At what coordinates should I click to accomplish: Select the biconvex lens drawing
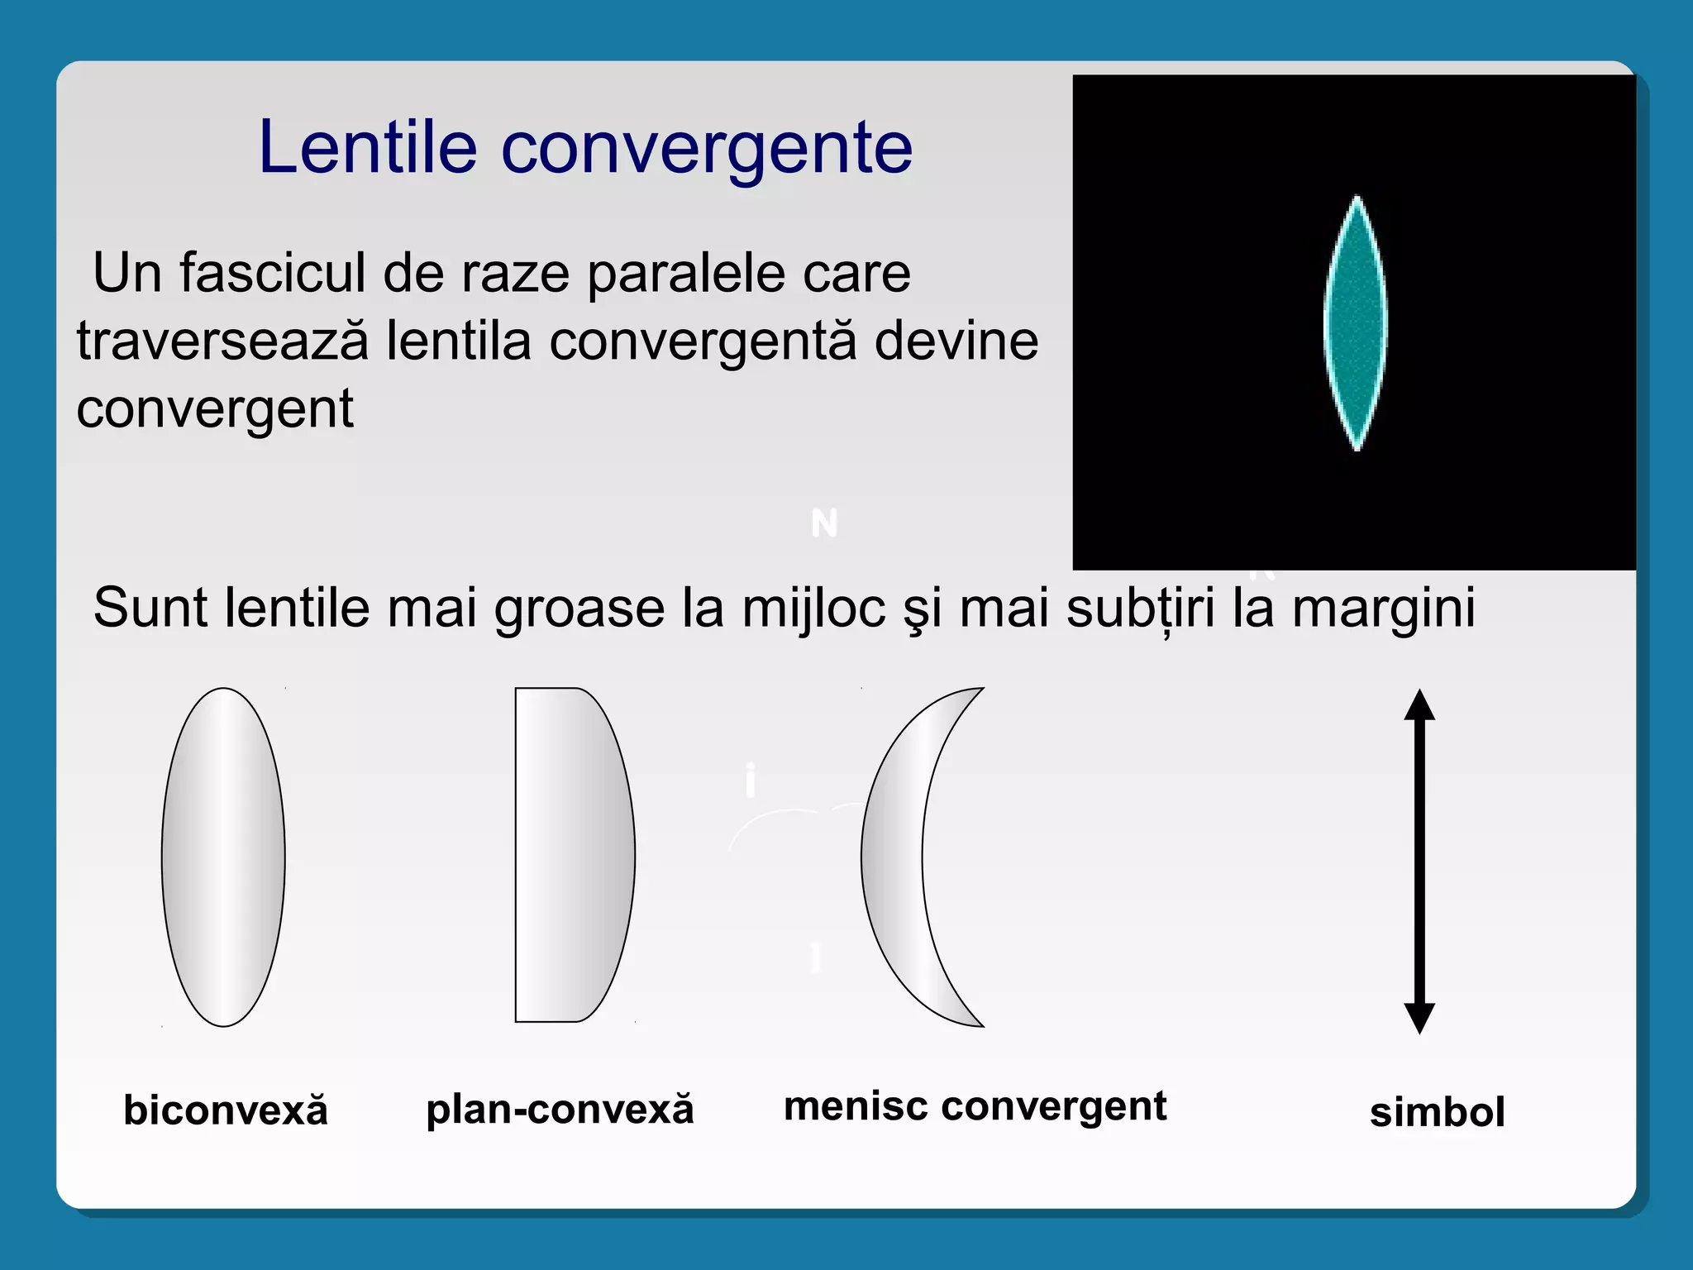pyautogui.click(x=223, y=857)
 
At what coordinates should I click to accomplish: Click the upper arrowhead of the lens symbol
pyautogui.click(x=1419, y=705)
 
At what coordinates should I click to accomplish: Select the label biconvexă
pyautogui.click(x=225, y=1110)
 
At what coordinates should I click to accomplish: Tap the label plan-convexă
pyautogui.click(x=560, y=1110)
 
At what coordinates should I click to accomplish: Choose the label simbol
pyautogui.click(x=1437, y=1112)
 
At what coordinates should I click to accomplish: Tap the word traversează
pyautogui.click(x=222, y=341)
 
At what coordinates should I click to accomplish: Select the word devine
pyautogui.click(x=956, y=341)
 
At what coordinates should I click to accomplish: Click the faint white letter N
pyautogui.click(x=824, y=523)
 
